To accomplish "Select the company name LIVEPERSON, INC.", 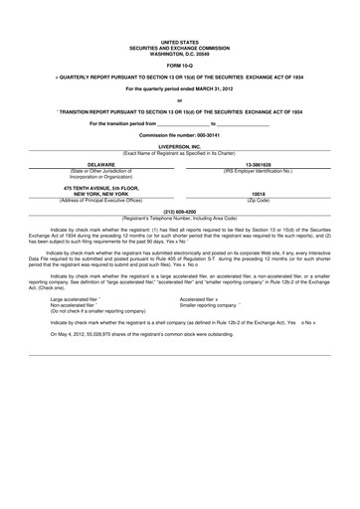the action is [x=179, y=145].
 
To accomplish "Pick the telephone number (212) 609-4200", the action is [x=179, y=211].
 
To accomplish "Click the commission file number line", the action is [x=179, y=132].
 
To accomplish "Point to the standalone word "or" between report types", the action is [x=179, y=100].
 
